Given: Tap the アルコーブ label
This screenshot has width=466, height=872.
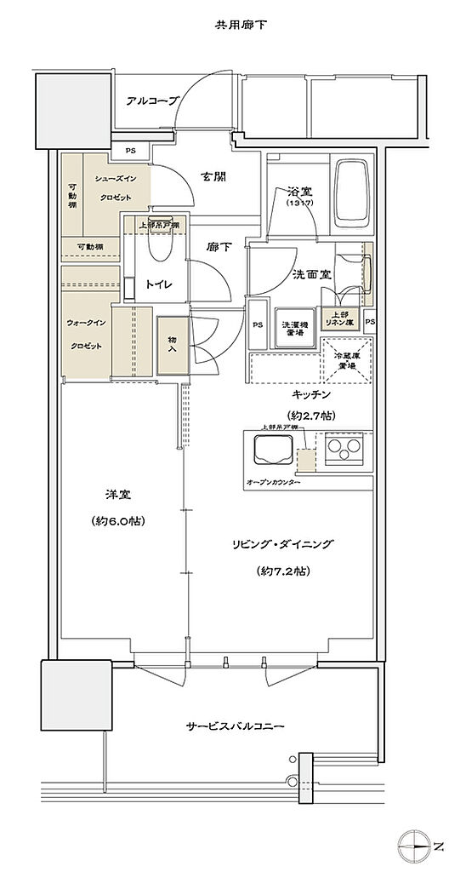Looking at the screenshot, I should pos(152,100).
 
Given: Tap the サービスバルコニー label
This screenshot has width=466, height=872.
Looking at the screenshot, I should pos(235,726).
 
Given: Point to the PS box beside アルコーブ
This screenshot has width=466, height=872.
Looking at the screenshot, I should pos(130,151).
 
